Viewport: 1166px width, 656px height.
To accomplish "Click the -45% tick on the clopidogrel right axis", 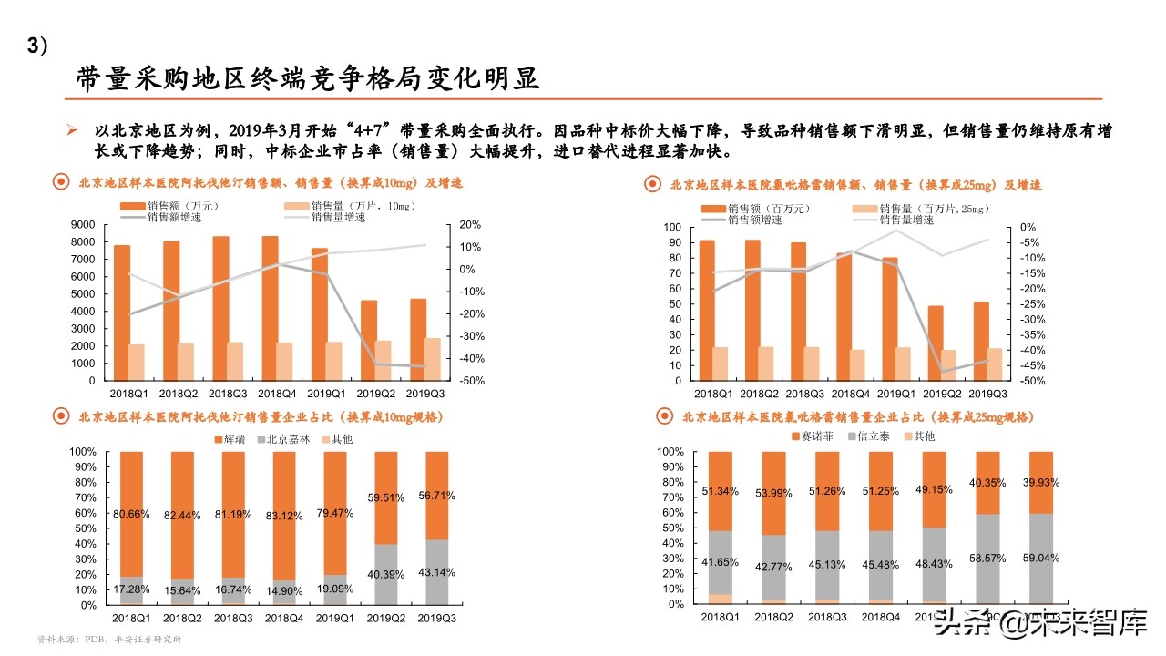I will click(x=1031, y=365).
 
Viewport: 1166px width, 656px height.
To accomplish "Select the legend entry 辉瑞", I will click(x=232, y=438).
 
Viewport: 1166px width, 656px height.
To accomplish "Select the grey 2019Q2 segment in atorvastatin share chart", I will click(x=386, y=574).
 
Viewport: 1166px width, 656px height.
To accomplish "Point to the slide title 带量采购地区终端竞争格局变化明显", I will click(x=307, y=79).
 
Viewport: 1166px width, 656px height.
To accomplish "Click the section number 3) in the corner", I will click(x=36, y=46).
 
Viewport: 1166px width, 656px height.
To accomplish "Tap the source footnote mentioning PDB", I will click(x=108, y=640).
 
